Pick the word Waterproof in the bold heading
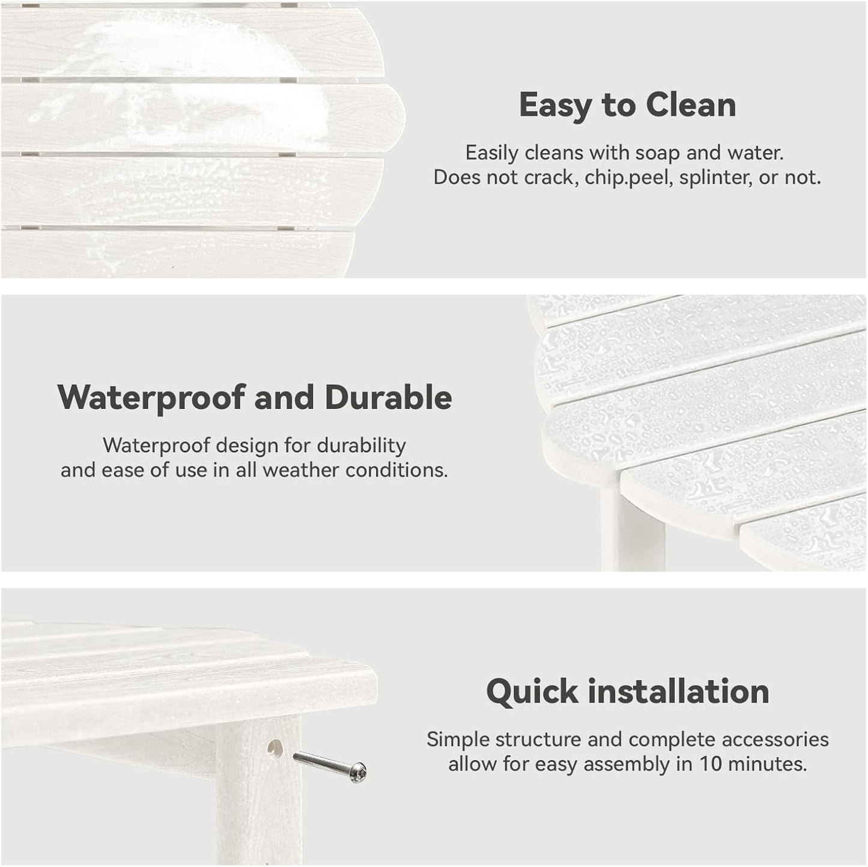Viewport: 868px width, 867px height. tap(152, 398)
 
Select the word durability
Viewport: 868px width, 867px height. tap(361, 446)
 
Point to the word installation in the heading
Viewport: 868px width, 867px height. tap(678, 691)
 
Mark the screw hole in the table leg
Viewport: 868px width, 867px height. tap(275, 748)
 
